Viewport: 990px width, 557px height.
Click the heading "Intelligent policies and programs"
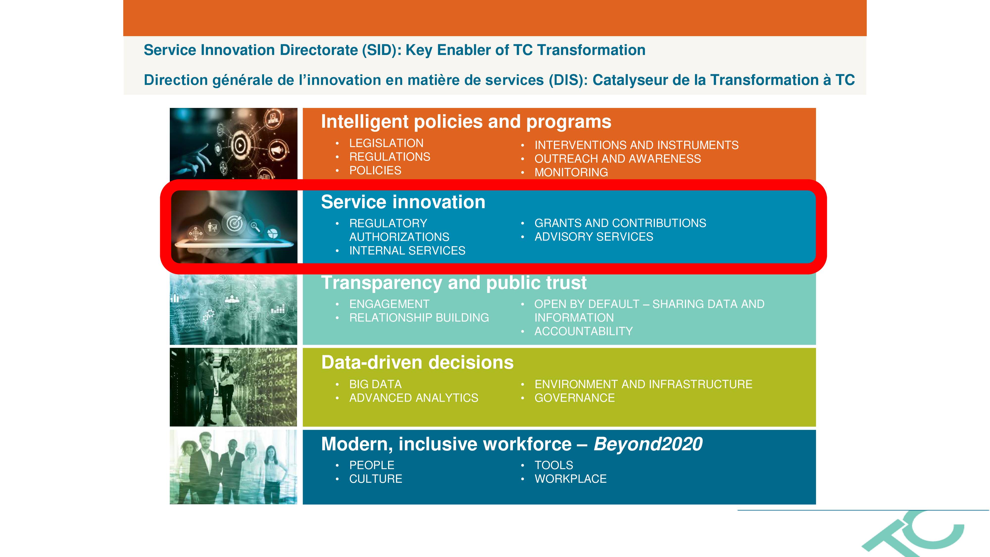click(x=466, y=122)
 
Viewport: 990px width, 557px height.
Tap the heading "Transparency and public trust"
click(x=454, y=282)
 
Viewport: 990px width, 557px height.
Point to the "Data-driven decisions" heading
click(x=417, y=362)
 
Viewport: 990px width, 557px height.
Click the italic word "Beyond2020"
click(x=648, y=444)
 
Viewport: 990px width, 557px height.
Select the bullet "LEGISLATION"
click(x=386, y=143)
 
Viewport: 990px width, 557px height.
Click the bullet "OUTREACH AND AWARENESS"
click(x=618, y=159)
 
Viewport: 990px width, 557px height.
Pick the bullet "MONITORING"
click(x=571, y=172)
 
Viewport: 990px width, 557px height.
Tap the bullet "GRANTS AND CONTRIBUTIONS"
click(x=620, y=223)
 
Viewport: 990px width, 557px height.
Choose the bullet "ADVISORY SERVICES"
click(x=594, y=237)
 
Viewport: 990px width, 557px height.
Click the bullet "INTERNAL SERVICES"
click(x=407, y=251)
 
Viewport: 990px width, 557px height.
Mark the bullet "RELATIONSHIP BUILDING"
click(x=419, y=318)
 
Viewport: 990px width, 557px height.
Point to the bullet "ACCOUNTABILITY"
click(x=583, y=331)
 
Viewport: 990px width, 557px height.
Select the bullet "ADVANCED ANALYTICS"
click(x=414, y=398)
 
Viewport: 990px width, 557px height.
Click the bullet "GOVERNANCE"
click(x=574, y=398)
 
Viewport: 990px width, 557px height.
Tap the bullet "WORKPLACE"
click(x=570, y=479)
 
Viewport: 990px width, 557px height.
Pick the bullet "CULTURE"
click(x=375, y=479)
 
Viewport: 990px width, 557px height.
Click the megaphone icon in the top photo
click(x=278, y=149)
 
